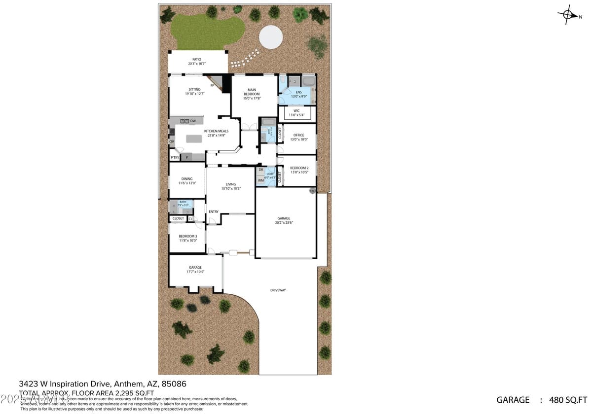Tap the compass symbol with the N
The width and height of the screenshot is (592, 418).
coord(568,15)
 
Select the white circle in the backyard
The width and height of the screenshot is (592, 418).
coord(271,37)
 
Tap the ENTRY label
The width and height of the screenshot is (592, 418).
coord(213,212)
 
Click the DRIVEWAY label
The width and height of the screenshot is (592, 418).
coord(278,290)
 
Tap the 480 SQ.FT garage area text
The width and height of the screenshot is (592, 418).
coord(568,400)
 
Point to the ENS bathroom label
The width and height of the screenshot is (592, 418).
coord(299,94)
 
